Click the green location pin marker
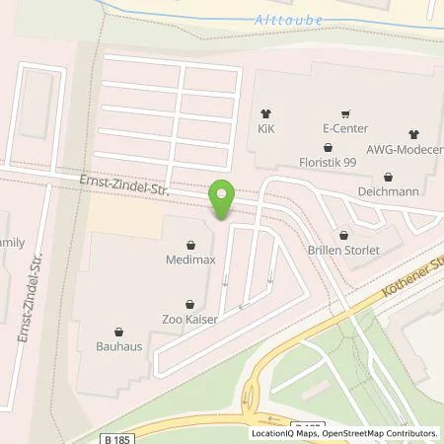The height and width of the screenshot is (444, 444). [221, 200]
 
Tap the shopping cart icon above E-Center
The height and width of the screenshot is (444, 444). [344, 113]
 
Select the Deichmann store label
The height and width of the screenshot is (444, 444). [390, 190]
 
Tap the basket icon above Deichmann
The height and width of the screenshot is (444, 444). [390, 176]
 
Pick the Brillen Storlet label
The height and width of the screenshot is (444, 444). [343, 251]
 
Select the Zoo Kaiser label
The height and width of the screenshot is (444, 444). [189, 321]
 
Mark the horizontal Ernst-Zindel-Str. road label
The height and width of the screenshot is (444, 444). [121, 185]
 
